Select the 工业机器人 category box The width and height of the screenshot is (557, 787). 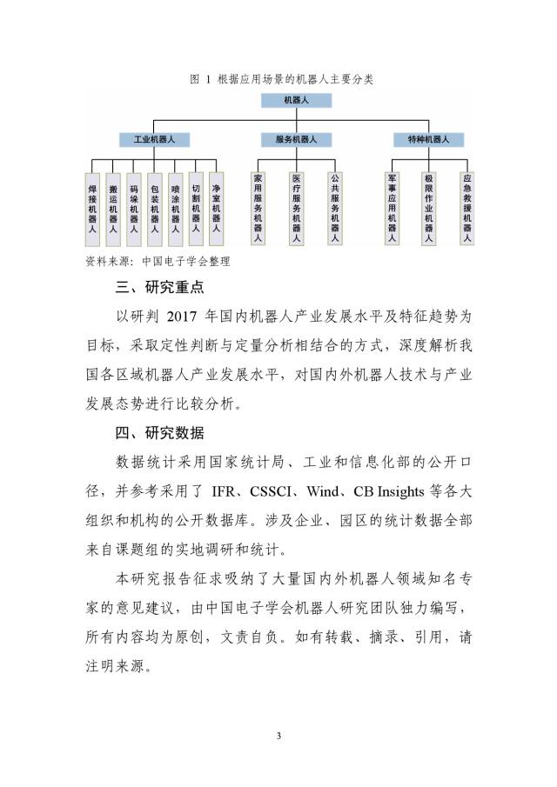(154, 139)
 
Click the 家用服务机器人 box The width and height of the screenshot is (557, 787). (258, 209)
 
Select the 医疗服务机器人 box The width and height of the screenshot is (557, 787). (296, 209)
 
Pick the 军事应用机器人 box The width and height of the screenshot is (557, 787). (392, 209)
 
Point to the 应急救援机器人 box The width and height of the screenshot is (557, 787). (466, 209)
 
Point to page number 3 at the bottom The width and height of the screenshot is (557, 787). (278, 737)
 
